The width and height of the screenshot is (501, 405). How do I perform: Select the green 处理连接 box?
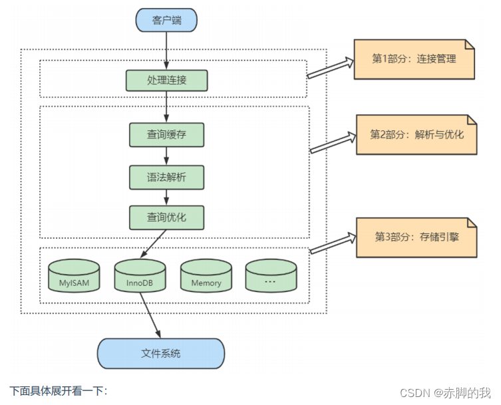(x=166, y=80)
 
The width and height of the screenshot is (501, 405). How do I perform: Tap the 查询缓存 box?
(x=166, y=134)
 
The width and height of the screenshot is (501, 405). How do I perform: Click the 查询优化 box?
(x=166, y=217)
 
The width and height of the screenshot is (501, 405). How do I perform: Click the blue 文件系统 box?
(x=161, y=353)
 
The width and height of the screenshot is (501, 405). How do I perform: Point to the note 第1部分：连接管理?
(x=414, y=59)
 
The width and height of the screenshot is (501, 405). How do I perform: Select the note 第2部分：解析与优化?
(x=417, y=134)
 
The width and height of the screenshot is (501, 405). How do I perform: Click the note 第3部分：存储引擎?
(x=417, y=237)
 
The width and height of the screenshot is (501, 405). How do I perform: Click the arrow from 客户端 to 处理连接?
(x=166, y=51)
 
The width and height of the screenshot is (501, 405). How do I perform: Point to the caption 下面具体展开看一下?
(x=59, y=391)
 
